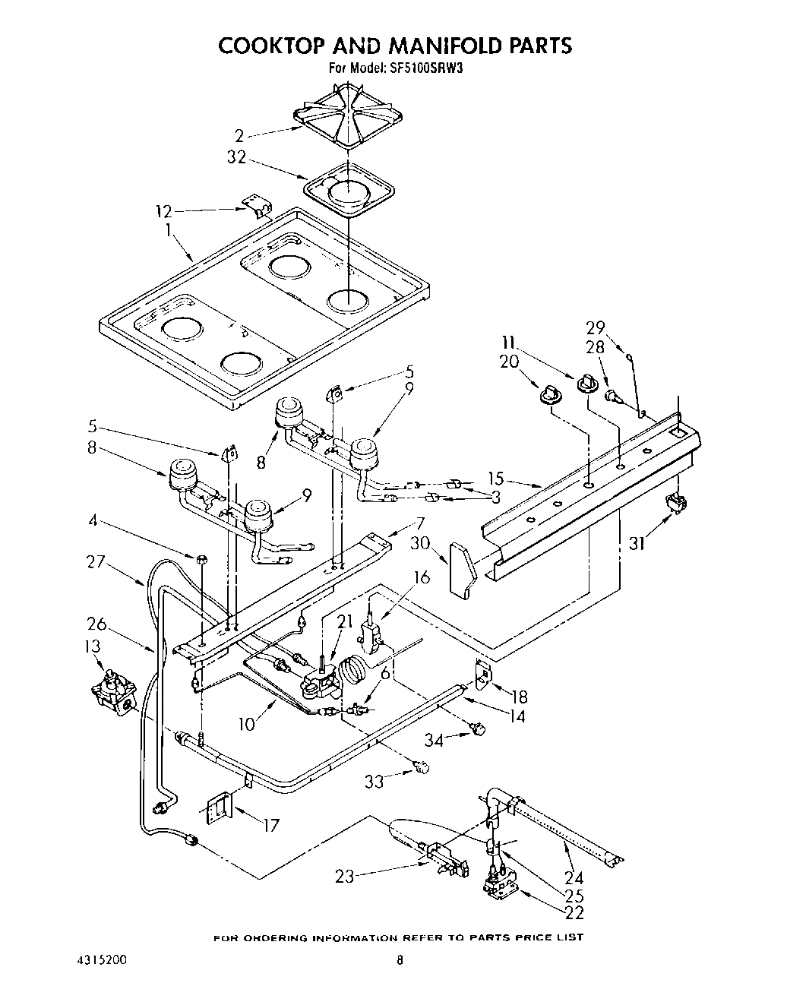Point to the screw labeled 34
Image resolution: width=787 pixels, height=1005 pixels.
coord(477,729)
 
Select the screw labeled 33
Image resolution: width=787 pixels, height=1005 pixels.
coord(422,767)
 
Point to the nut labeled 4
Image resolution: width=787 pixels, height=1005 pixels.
coord(202,559)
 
